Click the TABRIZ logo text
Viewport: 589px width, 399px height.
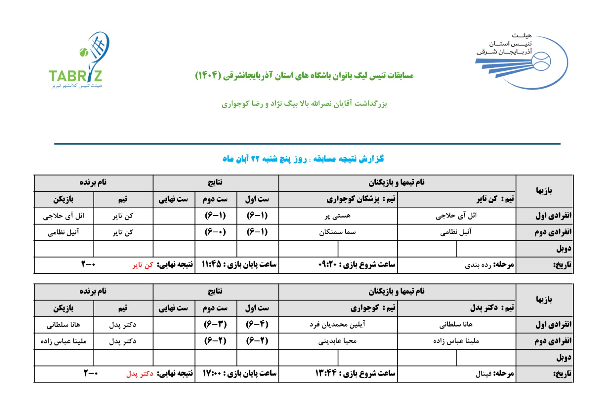(75, 76)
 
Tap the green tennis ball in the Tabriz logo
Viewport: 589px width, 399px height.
(84, 52)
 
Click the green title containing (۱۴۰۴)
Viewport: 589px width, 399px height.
(304, 75)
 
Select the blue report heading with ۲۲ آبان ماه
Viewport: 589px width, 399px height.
(303, 159)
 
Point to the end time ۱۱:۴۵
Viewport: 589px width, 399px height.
(211, 265)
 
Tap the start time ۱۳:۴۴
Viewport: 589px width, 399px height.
(325, 374)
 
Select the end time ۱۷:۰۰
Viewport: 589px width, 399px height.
(212, 374)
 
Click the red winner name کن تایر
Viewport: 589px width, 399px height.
(143, 265)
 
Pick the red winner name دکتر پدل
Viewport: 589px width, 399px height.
(140, 374)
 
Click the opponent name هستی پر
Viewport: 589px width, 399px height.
(338, 216)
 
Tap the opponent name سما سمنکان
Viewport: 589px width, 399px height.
(338, 232)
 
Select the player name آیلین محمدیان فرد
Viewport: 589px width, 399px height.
(337, 325)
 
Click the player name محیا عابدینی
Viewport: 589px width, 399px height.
(338, 341)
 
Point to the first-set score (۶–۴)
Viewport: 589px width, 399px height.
(257, 324)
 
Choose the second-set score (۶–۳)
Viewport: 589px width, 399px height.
(215, 324)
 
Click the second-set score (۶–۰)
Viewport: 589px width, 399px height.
(215, 232)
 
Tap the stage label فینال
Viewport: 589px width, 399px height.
(483, 374)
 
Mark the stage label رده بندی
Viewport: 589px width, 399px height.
(478, 265)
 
